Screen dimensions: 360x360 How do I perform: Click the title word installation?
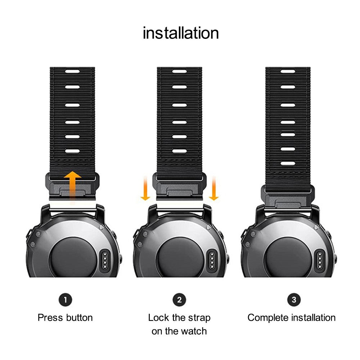181,33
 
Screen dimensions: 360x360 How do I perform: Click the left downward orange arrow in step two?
145,188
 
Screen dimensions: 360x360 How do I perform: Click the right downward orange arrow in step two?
214,188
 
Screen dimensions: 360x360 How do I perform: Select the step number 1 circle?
65,300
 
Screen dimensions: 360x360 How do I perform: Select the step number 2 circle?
179,300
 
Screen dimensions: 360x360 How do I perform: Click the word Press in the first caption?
50,318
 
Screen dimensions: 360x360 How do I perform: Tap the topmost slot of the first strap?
72,71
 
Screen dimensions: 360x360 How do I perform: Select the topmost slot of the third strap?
288,71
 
